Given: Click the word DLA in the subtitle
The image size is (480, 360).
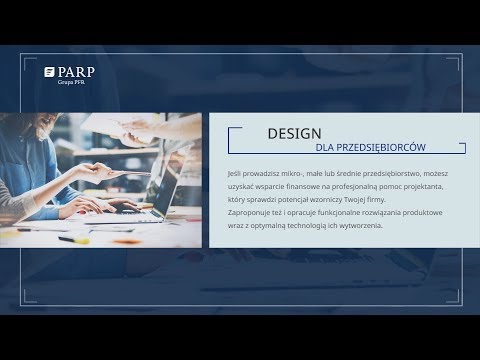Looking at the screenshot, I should [324, 148].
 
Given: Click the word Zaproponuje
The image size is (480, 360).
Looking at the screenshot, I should [250, 213].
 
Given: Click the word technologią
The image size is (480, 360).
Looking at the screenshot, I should [312, 225].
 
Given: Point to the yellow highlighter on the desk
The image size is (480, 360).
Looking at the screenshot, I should [69, 238].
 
